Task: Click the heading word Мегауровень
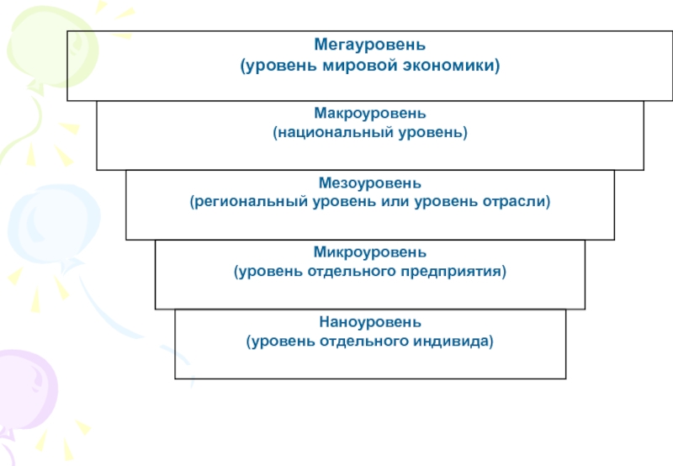point(370,44)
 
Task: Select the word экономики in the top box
point(454,64)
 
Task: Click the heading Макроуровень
point(370,114)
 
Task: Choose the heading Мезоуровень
point(370,183)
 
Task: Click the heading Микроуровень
point(370,252)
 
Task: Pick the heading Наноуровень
point(370,322)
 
